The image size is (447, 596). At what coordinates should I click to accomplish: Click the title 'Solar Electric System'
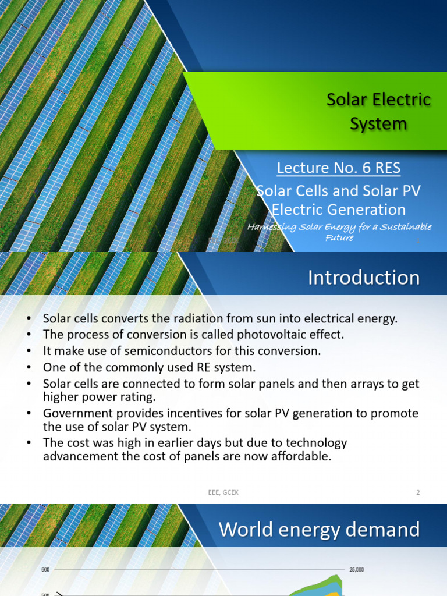click(x=378, y=111)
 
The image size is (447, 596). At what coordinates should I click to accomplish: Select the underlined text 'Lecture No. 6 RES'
click(x=339, y=168)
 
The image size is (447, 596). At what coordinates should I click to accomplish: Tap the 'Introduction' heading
click(x=364, y=278)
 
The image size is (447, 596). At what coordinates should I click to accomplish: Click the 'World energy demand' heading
click(x=320, y=530)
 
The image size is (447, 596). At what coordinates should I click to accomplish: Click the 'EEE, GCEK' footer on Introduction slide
click(x=223, y=492)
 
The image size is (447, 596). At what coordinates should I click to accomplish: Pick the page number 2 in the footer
click(x=418, y=492)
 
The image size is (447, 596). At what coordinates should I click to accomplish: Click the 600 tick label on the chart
click(x=45, y=569)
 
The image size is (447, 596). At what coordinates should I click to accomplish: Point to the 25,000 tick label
click(x=357, y=569)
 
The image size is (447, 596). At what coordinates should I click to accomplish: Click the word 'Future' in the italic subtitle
click(x=339, y=237)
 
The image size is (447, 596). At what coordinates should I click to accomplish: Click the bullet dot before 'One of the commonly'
click(x=29, y=368)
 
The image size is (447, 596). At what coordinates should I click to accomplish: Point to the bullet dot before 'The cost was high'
click(x=29, y=443)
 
